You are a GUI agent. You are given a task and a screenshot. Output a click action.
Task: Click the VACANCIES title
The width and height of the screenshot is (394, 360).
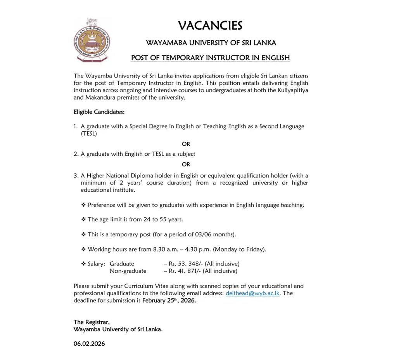(x=210, y=26)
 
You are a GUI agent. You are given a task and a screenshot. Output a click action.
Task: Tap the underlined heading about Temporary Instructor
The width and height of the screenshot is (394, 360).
(x=210, y=58)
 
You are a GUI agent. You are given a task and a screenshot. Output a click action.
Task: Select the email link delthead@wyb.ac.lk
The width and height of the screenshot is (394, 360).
(x=252, y=293)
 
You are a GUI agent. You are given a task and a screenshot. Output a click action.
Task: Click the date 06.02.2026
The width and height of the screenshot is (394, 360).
(x=89, y=344)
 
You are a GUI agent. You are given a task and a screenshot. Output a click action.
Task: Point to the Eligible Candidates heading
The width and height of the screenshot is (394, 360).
(x=99, y=112)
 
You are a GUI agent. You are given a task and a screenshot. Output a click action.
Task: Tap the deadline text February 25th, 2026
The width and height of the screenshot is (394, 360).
(x=169, y=301)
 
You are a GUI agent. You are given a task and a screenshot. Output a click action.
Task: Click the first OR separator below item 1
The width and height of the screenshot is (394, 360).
(x=186, y=144)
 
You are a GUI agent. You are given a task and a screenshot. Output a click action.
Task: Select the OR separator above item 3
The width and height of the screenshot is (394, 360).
(x=186, y=164)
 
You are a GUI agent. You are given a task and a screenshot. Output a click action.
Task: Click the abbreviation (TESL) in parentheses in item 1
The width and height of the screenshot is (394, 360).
(x=89, y=134)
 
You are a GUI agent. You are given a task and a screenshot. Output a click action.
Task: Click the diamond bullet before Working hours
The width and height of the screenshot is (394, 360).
(x=83, y=249)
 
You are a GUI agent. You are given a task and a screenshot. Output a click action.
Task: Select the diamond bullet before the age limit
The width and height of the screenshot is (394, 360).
(x=83, y=219)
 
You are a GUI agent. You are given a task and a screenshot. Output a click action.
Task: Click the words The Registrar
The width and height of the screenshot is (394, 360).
(x=92, y=322)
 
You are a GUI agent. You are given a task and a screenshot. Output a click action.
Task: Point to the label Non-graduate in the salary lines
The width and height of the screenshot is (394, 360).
(x=128, y=271)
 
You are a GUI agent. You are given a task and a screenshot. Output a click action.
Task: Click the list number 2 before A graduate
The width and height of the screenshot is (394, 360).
(x=76, y=154)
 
